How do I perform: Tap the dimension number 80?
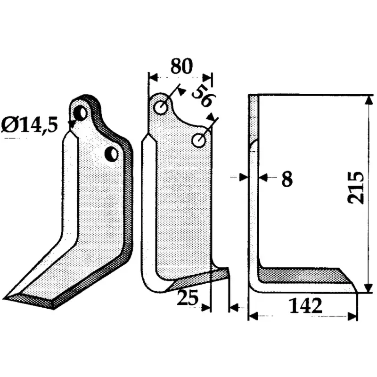click(x=181, y=66)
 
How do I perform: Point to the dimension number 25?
click(x=188, y=297)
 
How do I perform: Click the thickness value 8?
click(x=287, y=179)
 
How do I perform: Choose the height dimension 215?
click(x=356, y=188)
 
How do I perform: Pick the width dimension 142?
click(x=305, y=305)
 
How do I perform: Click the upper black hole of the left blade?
click(x=80, y=113)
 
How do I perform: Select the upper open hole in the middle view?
click(x=161, y=107)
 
